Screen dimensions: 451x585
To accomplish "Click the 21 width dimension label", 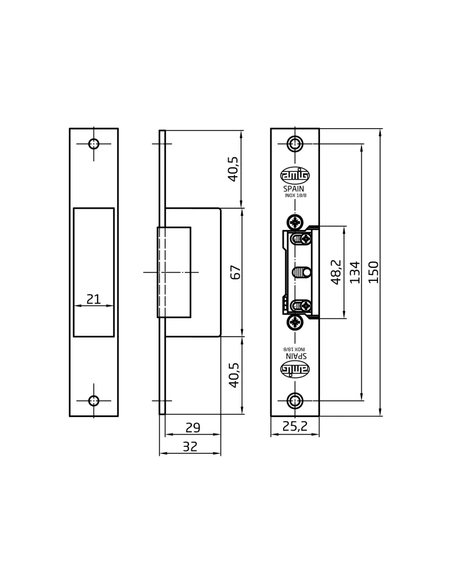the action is pos(94,299).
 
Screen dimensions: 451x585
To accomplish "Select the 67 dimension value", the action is pos(236,273).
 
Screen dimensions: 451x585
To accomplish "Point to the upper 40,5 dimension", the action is pos(233,169).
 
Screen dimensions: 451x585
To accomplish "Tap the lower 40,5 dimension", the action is pos(234,375).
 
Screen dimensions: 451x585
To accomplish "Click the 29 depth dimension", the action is pos(193,428).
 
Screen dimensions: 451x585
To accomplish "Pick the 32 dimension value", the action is pos(190,446).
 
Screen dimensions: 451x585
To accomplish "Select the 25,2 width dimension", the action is pos(295,426).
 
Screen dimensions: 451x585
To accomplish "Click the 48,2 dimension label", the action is pos(336,273).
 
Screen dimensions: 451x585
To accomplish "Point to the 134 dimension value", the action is pos(355,273).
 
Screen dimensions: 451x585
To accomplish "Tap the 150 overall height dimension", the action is pos(373,273).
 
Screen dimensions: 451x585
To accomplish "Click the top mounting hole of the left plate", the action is pos(94,144).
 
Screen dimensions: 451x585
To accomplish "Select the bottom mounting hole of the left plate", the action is pos(94,401).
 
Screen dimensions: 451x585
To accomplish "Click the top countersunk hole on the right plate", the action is pos(295,144).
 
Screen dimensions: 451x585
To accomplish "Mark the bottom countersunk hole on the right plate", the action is pos(295,401).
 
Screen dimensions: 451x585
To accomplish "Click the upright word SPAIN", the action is pos(294,189).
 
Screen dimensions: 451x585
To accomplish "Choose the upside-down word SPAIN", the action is pos(296,356).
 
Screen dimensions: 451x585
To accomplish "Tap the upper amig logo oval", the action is pos(295,175).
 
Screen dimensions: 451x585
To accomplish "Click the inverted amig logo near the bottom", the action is pos(295,369).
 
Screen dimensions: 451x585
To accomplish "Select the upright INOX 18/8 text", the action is pos(295,195).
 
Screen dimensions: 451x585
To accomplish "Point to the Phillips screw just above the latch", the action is pos(295,222).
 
